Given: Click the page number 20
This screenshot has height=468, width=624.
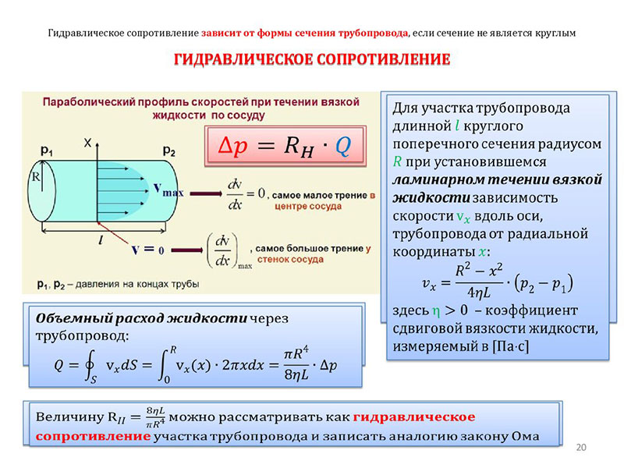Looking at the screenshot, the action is point(581,447).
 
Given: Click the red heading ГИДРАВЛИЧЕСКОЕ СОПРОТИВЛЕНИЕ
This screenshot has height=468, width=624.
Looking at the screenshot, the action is point(312,59).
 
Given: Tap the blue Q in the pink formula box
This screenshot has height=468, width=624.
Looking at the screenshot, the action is point(342,146).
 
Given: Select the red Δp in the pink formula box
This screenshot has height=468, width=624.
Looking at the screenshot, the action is point(232,146).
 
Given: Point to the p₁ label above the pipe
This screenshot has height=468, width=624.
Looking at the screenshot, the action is point(47,151).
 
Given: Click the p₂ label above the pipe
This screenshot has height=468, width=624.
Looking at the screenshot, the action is point(169,151).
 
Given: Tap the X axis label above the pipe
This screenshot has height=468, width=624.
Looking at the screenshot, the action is point(87,143).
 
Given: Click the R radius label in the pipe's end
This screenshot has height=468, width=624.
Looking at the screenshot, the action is point(36,176).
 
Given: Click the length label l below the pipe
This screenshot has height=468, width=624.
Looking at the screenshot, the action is point(101,239).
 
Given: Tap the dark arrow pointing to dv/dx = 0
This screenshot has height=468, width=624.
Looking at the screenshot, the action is point(206,193).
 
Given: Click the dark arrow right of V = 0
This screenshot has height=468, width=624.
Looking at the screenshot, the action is point(187,250).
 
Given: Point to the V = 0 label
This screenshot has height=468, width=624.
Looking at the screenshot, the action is point(147,250).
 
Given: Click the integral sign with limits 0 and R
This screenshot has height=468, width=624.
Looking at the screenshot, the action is point(163,365).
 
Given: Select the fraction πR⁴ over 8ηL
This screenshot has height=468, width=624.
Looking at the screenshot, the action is point(296,363).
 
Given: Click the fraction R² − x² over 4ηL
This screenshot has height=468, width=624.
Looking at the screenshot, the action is point(479,281).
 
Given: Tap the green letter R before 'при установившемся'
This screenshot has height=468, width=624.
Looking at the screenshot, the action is point(397,161).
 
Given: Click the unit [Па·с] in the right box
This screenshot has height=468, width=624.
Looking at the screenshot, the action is point(511,346).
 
